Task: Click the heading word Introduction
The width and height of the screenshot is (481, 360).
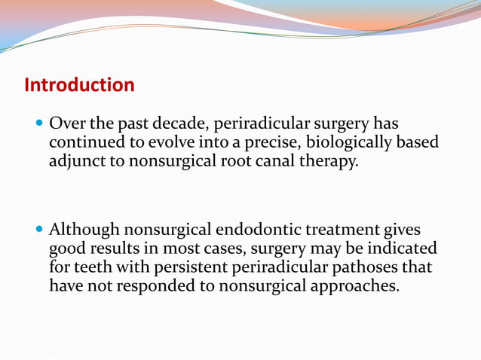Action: pyautogui.click(x=79, y=85)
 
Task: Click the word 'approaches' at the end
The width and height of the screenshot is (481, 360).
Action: pyautogui.click(x=356, y=286)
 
